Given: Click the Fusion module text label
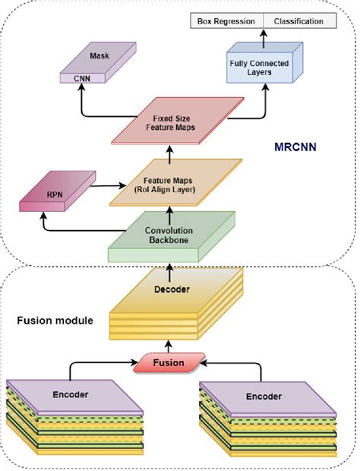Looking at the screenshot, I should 55,320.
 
